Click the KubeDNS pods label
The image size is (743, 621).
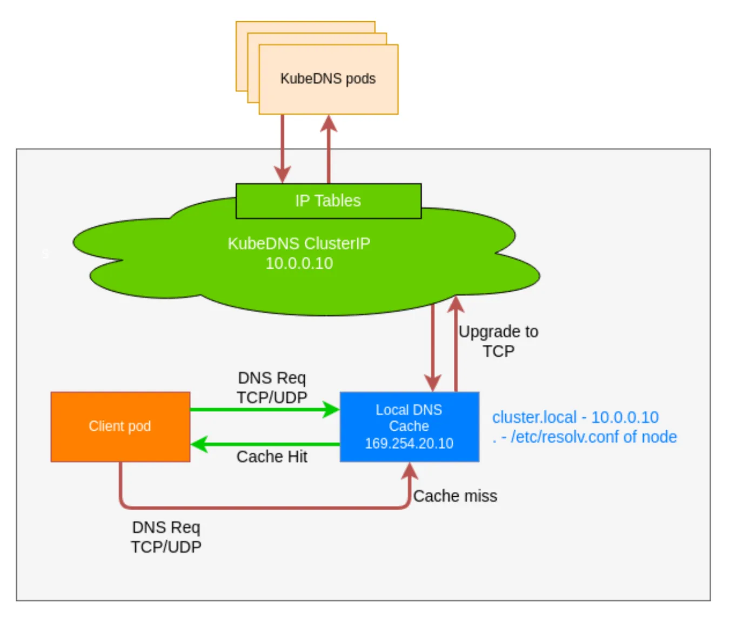coord(327,79)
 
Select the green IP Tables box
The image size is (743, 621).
coord(328,201)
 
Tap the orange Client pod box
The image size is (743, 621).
coord(120,426)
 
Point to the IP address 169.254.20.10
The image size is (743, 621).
coord(409,444)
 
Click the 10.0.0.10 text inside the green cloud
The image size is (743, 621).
coord(299,264)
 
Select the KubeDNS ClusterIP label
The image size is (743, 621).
coord(299,244)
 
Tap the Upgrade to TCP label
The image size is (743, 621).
coord(498,341)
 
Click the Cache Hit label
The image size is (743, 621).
coord(272,457)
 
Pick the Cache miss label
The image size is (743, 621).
coord(455,496)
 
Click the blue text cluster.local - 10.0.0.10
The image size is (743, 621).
coord(575,417)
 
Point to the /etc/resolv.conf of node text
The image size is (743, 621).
coord(593,437)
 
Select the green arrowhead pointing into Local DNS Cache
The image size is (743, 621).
coord(331,410)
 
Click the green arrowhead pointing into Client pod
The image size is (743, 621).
coord(199,445)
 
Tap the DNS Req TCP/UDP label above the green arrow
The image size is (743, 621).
coord(272,388)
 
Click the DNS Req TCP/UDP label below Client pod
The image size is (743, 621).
coord(166,537)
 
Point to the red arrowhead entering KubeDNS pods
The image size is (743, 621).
coord(329,124)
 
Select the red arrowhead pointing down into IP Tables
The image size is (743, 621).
coord(282,175)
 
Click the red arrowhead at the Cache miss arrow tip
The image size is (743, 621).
coord(410,471)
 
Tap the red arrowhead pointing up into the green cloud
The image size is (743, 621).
coord(456,304)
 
